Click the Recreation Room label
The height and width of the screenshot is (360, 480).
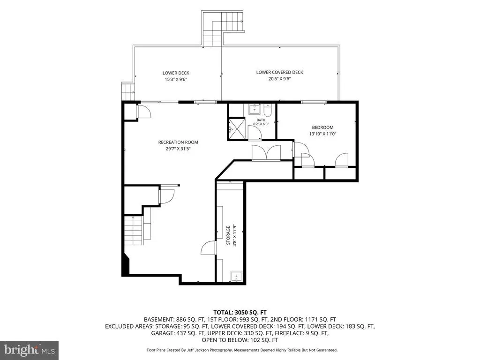point(178,142)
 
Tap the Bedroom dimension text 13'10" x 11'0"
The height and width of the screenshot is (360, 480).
point(322,134)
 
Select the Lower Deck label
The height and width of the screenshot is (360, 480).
point(176,73)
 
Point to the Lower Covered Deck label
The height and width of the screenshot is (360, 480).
point(279,72)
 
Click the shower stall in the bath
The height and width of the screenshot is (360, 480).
point(236,129)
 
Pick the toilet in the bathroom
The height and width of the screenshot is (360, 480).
point(267,111)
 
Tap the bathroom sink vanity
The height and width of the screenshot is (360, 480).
point(254,109)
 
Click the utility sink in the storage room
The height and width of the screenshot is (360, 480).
point(237,277)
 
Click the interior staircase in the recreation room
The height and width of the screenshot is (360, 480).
point(134,230)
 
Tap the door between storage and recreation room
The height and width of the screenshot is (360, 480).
point(209,247)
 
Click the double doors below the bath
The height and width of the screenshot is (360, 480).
point(266,153)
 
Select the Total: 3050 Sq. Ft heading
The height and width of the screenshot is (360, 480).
point(240,312)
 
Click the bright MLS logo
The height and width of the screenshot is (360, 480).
point(29,350)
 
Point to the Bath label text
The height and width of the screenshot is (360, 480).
point(261,120)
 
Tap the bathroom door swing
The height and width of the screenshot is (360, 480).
point(255,133)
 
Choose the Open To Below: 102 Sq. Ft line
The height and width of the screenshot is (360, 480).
point(240,340)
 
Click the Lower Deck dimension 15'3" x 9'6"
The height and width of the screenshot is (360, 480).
point(176,79)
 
